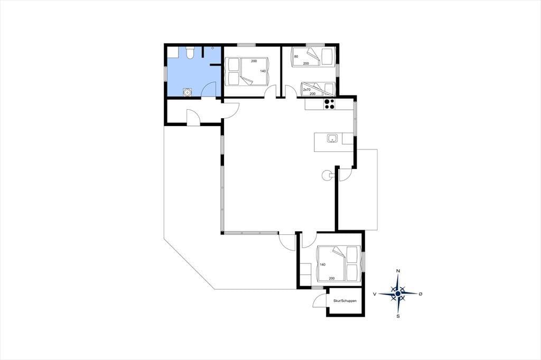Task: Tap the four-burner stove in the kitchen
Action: coord(329,104)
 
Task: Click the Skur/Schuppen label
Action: coord(344,301)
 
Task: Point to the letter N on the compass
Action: coord(398,271)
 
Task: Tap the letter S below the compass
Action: coord(398,316)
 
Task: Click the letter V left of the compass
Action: coord(375,294)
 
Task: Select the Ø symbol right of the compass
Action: coord(420,294)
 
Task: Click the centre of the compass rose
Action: coord(398,293)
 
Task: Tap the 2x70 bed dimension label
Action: coord(307,90)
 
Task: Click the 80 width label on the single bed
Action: coord(296,56)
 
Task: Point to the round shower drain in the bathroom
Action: coord(187,92)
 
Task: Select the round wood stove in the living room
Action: coord(326,176)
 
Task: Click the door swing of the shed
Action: coord(319,300)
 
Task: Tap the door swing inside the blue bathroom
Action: coord(208,90)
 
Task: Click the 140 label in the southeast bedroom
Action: coord(323,265)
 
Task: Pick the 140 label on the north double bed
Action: coord(263,71)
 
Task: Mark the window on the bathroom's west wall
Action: coord(165,74)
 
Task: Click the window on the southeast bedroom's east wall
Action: coord(363,260)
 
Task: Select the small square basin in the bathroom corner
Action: coord(173,52)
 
